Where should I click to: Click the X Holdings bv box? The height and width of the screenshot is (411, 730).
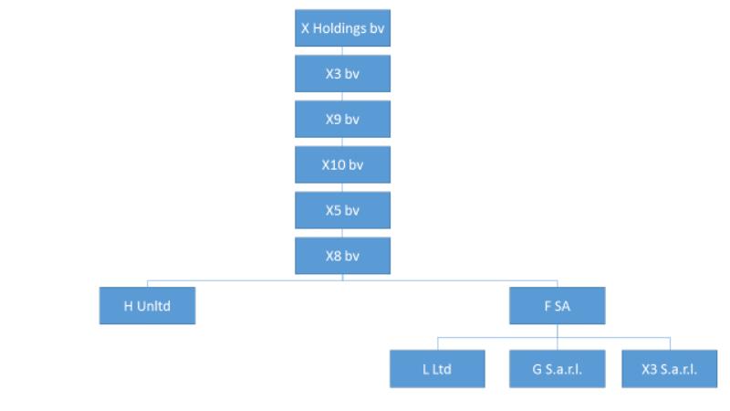[343, 28]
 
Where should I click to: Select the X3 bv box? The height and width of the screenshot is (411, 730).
[343, 74]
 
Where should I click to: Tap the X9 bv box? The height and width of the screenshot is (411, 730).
[343, 120]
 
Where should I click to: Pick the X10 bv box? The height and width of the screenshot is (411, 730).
[343, 164]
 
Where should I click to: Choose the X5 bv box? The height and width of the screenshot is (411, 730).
[343, 210]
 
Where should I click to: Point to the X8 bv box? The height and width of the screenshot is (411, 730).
[343, 256]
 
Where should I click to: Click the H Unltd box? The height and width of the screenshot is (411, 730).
[147, 306]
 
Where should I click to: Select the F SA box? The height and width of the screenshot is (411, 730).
[558, 306]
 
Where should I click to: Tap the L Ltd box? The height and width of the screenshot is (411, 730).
[437, 369]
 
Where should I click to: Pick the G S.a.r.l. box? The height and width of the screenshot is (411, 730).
[558, 369]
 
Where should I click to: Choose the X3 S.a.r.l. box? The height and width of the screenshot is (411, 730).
[670, 369]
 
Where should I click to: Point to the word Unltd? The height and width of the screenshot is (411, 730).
[153, 306]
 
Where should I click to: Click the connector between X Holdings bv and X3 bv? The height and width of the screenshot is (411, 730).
[343, 51]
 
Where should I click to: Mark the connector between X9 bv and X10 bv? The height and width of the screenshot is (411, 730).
[343, 142]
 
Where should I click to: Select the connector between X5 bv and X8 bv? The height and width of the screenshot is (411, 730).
[343, 233]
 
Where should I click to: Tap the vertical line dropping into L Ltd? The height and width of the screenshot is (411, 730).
[438, 344]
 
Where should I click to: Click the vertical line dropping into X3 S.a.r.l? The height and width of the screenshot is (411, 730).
[670, 344]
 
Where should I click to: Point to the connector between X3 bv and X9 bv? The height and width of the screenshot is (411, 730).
[343, 97]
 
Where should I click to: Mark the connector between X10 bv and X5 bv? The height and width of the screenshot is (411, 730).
[343, 188]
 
